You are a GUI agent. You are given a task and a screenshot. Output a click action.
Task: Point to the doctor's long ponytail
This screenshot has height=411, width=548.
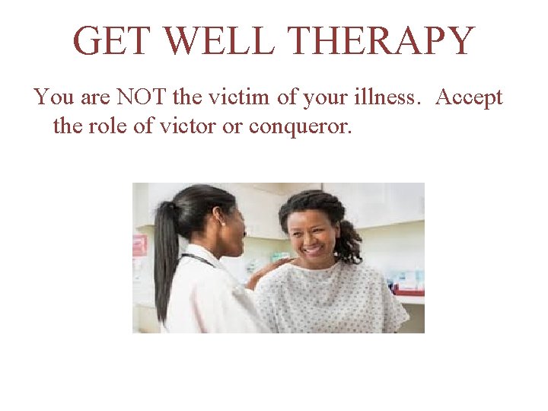pos(162,259)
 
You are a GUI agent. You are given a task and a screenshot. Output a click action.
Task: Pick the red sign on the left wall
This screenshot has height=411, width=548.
pos(140,245)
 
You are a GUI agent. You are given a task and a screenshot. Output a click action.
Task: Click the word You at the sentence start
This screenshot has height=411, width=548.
pos(53,98)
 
